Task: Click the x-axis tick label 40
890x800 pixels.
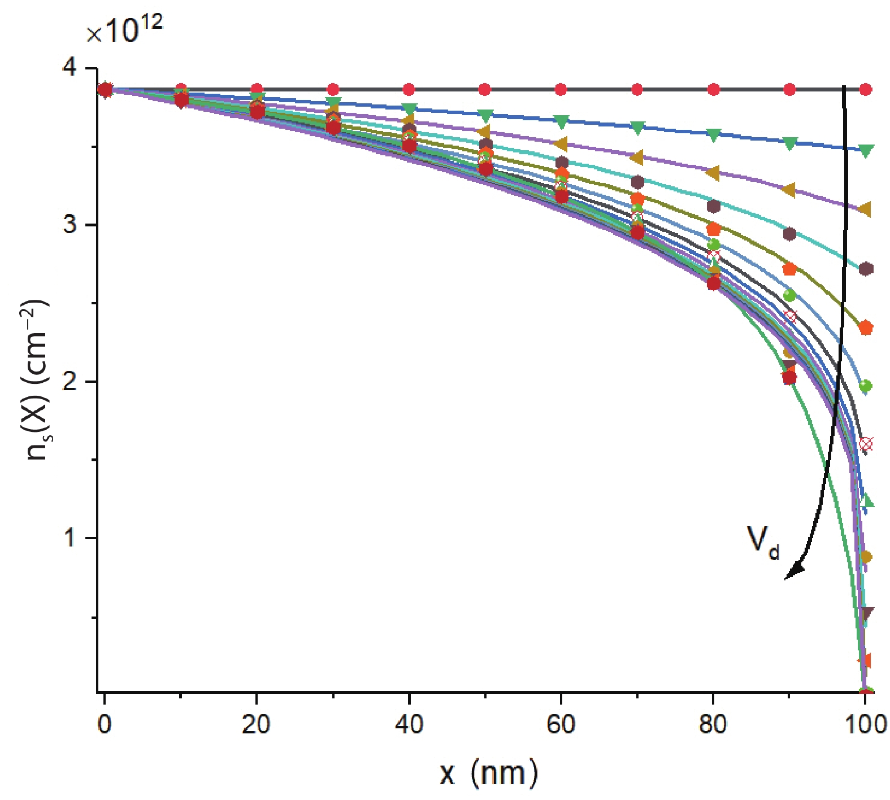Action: coord(409,724)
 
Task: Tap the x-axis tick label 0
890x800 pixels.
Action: coord(105,724)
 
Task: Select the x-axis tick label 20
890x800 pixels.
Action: coord(257,724)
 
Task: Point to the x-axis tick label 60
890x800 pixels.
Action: coord(561,724)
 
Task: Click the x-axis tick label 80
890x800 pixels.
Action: coord(713,724)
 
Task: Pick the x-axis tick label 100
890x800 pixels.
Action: coord(865,724)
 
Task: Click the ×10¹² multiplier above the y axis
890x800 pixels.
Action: coord(124,29)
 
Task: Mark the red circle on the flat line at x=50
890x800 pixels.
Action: coord(485,90)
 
